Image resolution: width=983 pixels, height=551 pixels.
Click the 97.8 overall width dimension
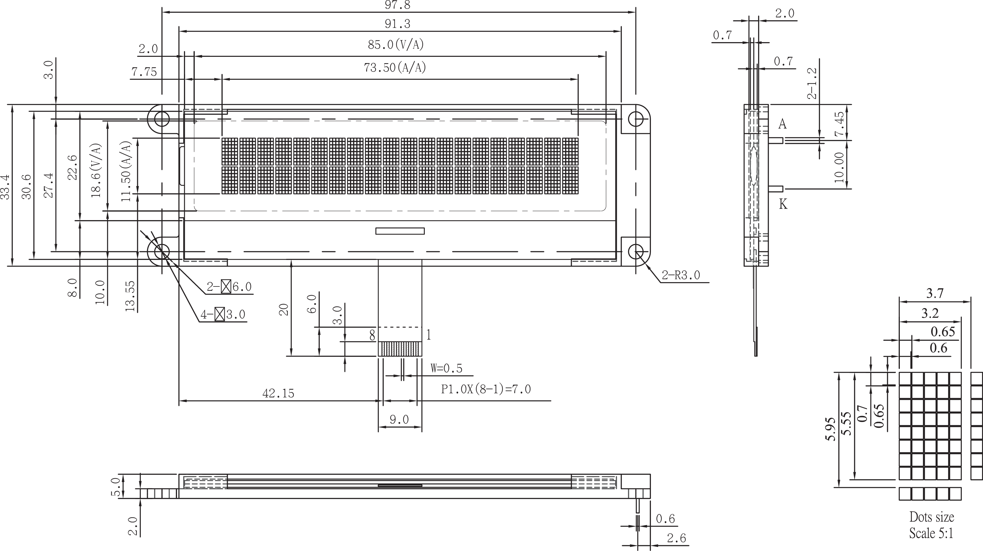point(398,5)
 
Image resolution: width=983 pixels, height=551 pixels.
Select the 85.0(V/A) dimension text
point(396,45)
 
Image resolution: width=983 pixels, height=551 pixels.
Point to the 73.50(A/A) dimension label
point(394,68)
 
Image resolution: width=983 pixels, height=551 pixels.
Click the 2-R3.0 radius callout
point(681,275)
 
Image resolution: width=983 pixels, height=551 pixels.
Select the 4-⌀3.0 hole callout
point(223,314)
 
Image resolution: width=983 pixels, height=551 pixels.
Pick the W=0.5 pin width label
point(446,368)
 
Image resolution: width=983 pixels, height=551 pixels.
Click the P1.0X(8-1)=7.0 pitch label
point(486,389)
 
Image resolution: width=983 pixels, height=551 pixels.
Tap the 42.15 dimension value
point(278,393)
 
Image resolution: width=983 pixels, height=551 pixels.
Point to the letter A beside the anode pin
point(782,124)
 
